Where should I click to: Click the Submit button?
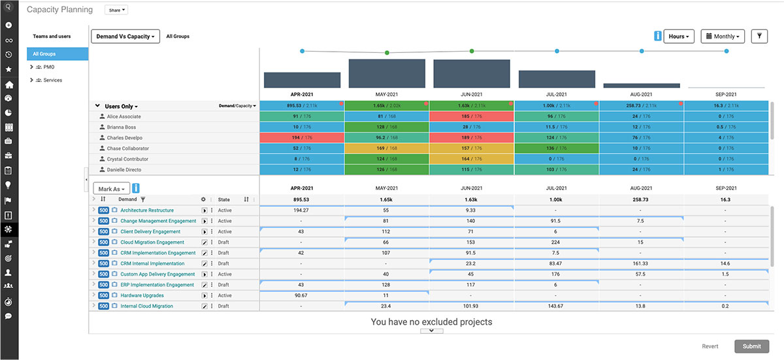click(751, 346)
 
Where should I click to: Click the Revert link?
click(710, 346)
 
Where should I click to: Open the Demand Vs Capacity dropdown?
click(125, 37)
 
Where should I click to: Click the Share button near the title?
click(116, 10)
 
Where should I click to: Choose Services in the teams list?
click(52, 80)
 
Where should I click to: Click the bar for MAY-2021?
click(387, 73)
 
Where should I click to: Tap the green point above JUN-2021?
click(472, 51)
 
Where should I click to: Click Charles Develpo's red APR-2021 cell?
click(302, 138)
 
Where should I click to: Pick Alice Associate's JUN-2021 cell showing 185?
click(472, 116)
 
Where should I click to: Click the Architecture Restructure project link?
click(147, 210)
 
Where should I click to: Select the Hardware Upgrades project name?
click(142, 295)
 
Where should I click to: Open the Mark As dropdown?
click(112, 189)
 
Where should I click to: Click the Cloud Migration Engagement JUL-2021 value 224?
click(557, 242)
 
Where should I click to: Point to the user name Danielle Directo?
click(123, 170)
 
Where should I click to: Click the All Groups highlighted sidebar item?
click(57, 54)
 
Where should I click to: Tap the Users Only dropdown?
click(122, 106)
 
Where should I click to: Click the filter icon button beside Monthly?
click(759, 37)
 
